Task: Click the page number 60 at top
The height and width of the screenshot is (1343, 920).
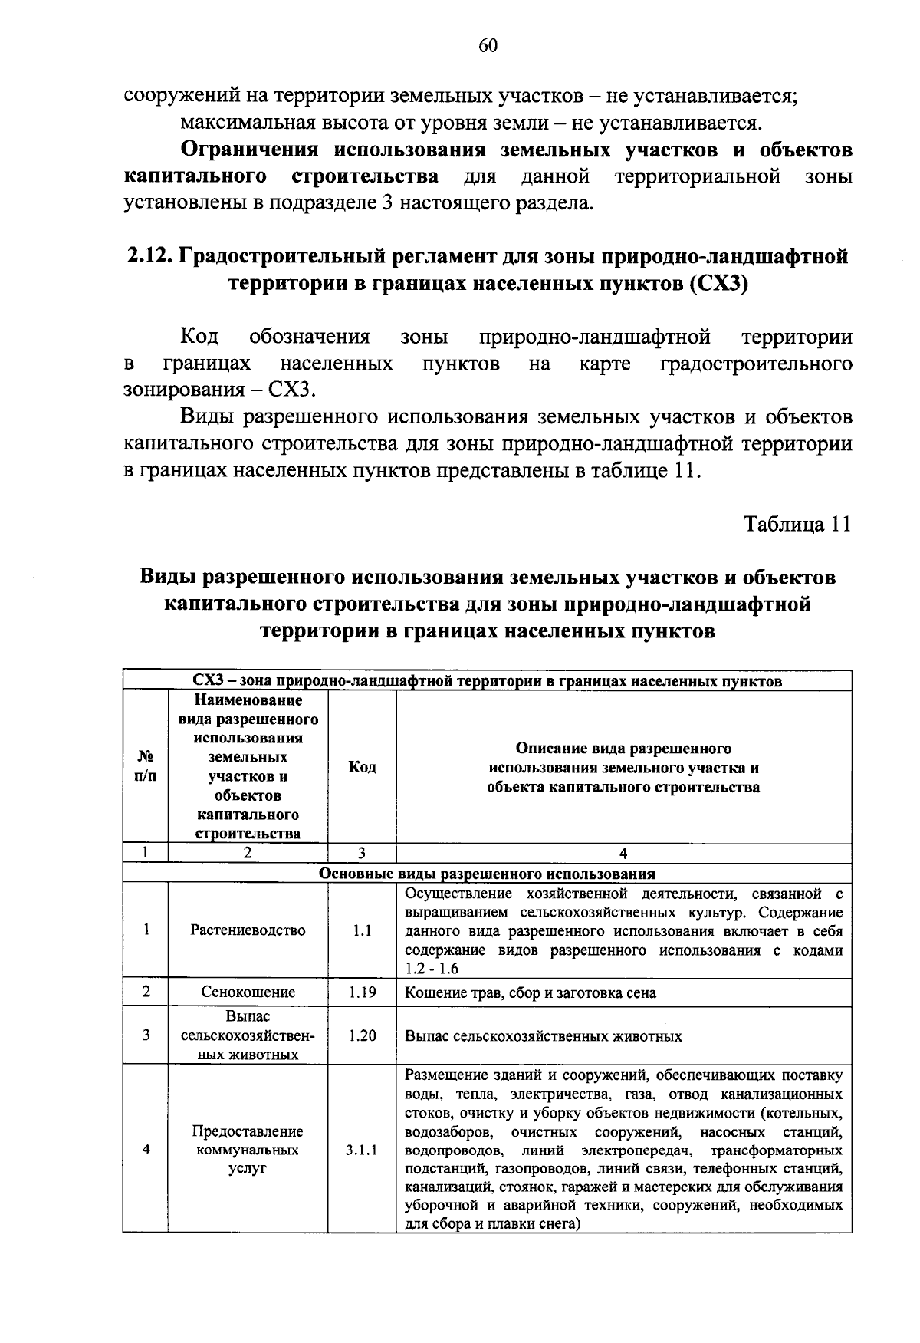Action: tap(488, 46)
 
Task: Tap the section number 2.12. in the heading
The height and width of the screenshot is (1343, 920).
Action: tap(150, 256)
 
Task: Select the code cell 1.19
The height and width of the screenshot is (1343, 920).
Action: tap(361, 992)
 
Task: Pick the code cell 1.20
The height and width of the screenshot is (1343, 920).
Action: tap(361, 1035)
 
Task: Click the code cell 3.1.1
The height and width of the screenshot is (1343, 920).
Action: tap(361, 1150)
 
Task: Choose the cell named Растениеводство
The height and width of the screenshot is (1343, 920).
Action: tap(248, 930)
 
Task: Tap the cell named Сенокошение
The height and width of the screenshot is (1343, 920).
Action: tap(248, 992)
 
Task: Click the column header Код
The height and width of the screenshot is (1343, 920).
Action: tap(361, 767)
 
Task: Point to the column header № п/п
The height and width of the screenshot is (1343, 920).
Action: tap(145, 767)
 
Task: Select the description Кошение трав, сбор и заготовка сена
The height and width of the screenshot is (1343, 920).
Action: tap(531, 992)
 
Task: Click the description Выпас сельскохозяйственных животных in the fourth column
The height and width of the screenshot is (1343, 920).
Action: tap(543, 1036)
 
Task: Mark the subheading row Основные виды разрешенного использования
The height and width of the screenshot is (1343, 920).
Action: tap(487, 874)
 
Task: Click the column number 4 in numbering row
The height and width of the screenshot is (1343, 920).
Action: tap(623, 854)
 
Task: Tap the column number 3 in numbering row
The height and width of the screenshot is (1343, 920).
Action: tap(361, 854)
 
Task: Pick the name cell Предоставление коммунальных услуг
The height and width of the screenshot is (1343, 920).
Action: tap(248, 1150)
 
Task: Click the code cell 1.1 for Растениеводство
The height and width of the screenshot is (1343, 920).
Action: tap(361, 930)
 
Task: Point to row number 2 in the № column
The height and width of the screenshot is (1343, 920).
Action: tap(145, 992)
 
